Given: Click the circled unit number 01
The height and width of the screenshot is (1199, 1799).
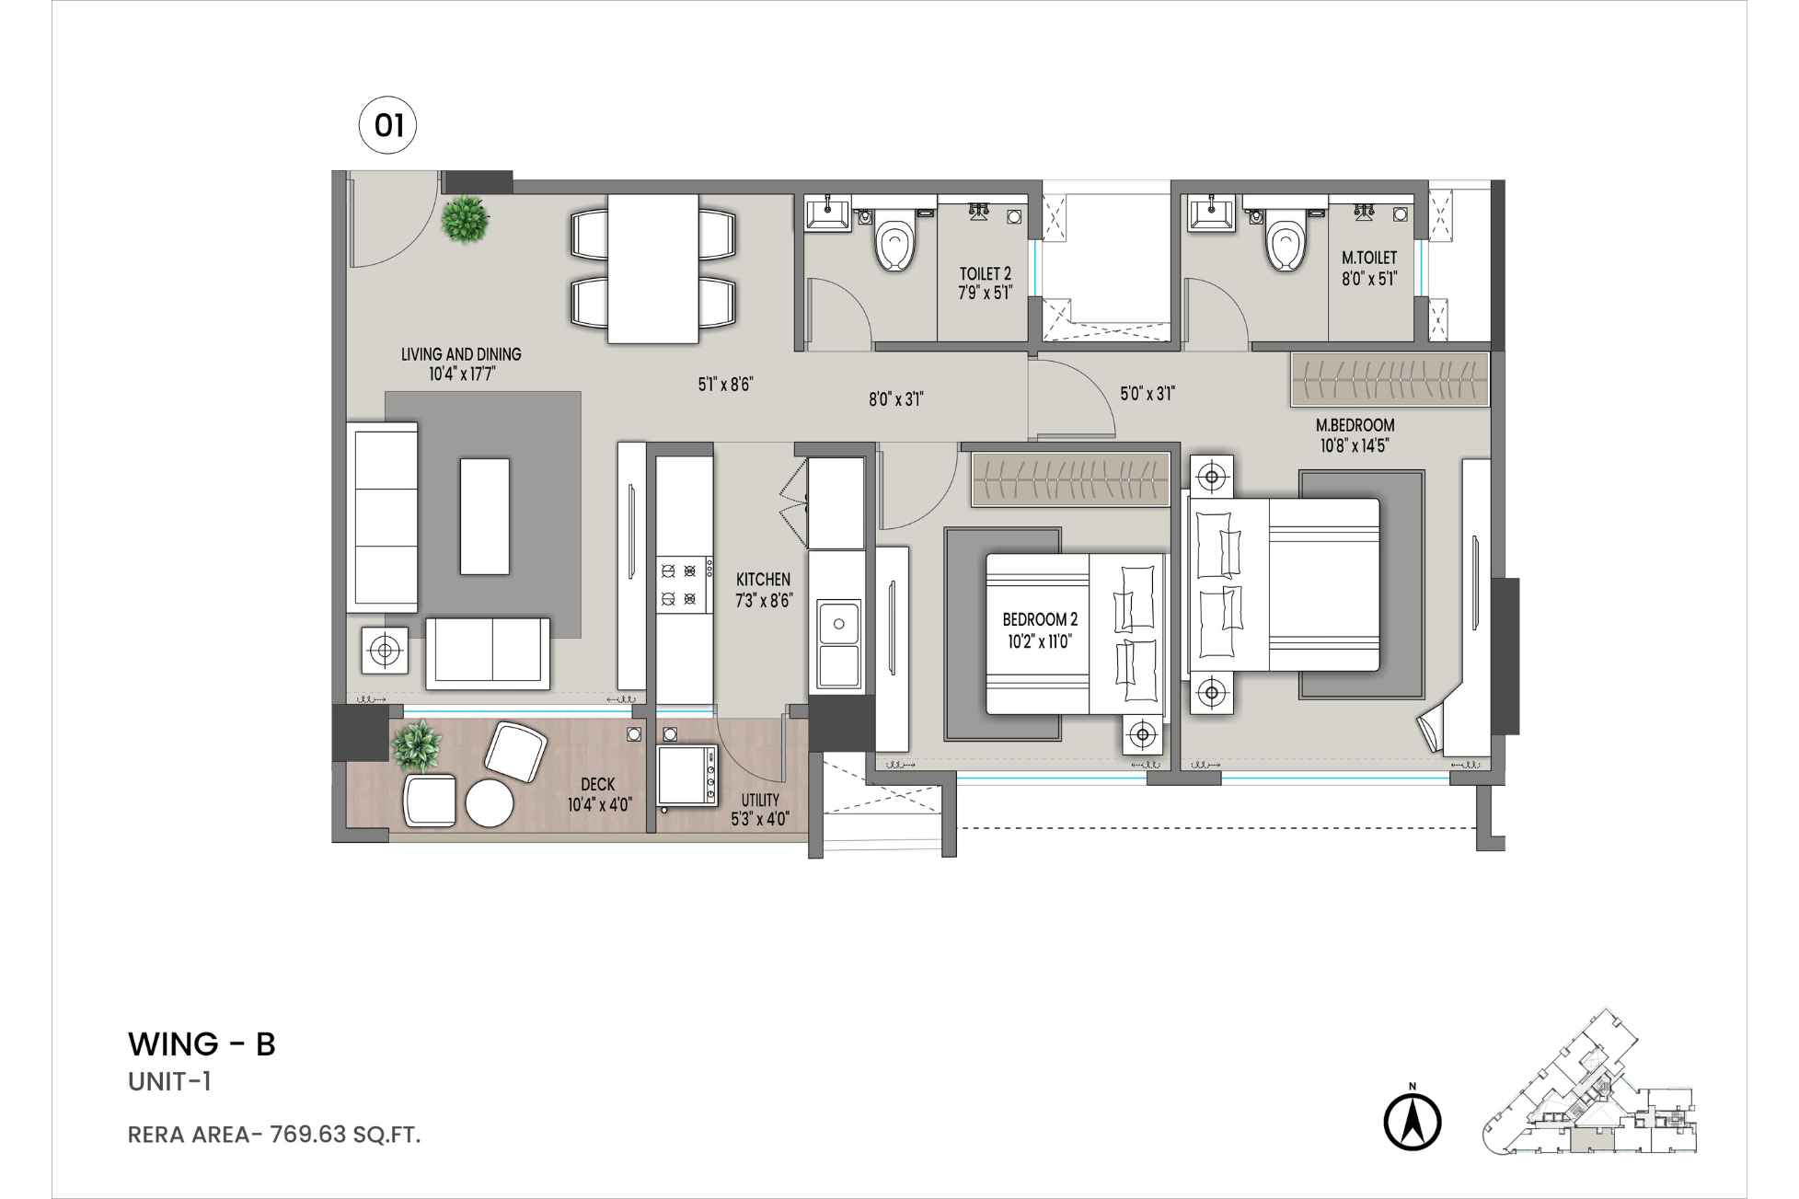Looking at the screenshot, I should pos(387,124).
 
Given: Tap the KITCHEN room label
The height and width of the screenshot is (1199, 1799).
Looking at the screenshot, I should pos(763,580).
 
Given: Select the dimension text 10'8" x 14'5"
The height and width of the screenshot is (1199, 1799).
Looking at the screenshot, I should pos(1354,445).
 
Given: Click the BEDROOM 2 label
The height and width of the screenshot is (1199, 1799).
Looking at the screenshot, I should pos(1040,620).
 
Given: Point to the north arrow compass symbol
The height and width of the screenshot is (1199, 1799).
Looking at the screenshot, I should pos(1413,1121).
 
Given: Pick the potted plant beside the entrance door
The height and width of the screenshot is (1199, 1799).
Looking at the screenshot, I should pos(465,220).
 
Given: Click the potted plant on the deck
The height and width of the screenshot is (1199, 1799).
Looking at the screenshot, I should pos(417,744).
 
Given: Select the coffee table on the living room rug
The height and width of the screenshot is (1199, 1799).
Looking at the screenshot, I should pos(485,517).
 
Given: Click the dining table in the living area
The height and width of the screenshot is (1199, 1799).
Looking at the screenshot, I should pos(653,268).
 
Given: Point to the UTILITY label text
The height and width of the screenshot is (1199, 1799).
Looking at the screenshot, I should pos(760,801).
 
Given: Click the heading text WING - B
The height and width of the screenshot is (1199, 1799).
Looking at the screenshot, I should pos(202,1044).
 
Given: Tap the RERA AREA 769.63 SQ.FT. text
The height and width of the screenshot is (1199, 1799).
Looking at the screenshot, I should pos(274,1135).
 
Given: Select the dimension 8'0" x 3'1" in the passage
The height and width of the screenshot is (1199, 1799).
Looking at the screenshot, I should pos(895,399).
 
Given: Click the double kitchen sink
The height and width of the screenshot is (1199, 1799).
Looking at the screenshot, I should pos(837,646).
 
